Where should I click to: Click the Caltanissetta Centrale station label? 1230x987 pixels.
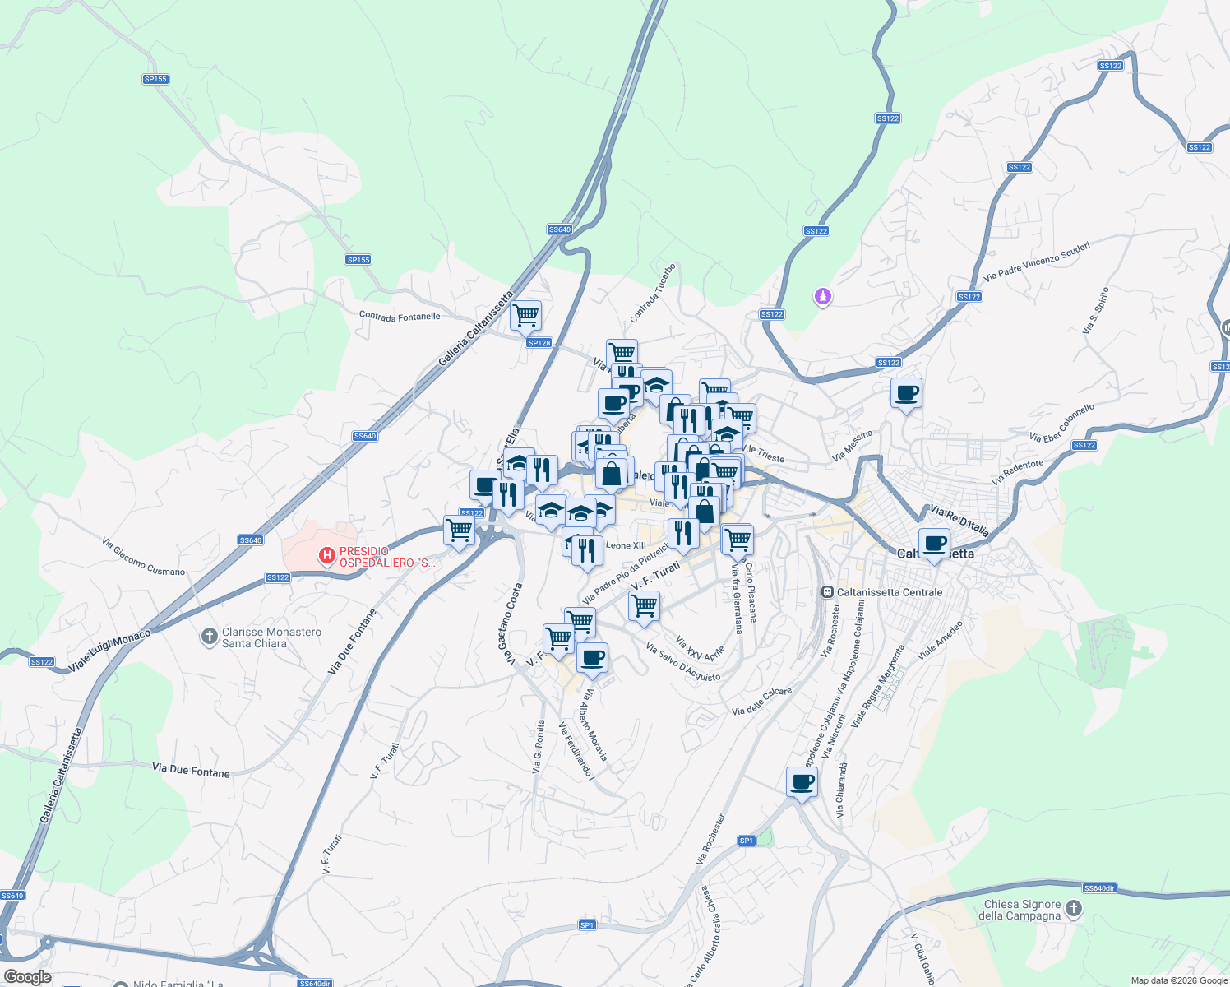pyautogui.click(x=889, y=592)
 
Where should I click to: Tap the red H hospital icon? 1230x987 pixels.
pyautogui.click(x=327, y=557)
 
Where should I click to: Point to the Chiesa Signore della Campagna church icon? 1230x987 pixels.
pyautogui.click(x=1074, y=909)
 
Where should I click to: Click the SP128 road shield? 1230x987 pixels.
pyautogui.click(x=539, y=343)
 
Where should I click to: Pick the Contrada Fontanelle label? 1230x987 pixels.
pyautogui.click(x=400, y=317)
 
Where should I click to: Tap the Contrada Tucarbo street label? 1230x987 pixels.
pyautogui.click(x=653, y=294)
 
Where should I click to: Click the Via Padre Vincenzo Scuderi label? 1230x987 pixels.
pyautogui.click(x=1037, y=262)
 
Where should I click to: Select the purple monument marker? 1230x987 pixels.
pyautogui.click(x=823, y=296)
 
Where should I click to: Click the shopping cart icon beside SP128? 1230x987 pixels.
pyautogui.click(x=525, y=314)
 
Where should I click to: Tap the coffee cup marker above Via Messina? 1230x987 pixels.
pyautogui.click(x=906, y=393)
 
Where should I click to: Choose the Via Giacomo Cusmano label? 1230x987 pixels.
pyautogui.click(x=143, y=557)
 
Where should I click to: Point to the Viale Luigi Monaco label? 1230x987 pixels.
pyautogui.click(x=110, y=651)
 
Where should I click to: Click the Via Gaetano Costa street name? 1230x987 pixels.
pyautogui.click(x=511, y=624)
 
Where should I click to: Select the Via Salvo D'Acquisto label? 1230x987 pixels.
pyautogui.click(x=683, y=663)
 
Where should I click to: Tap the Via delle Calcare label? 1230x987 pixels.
pyautogui.click(x=761, y=702)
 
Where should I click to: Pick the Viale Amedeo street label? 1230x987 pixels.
pyautogui.click(x=940, y=640)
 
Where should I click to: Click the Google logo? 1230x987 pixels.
pyautogui.click(x=27, y=977)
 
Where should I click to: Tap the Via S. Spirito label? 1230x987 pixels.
pyautogui.click(x=1096, y=310)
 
